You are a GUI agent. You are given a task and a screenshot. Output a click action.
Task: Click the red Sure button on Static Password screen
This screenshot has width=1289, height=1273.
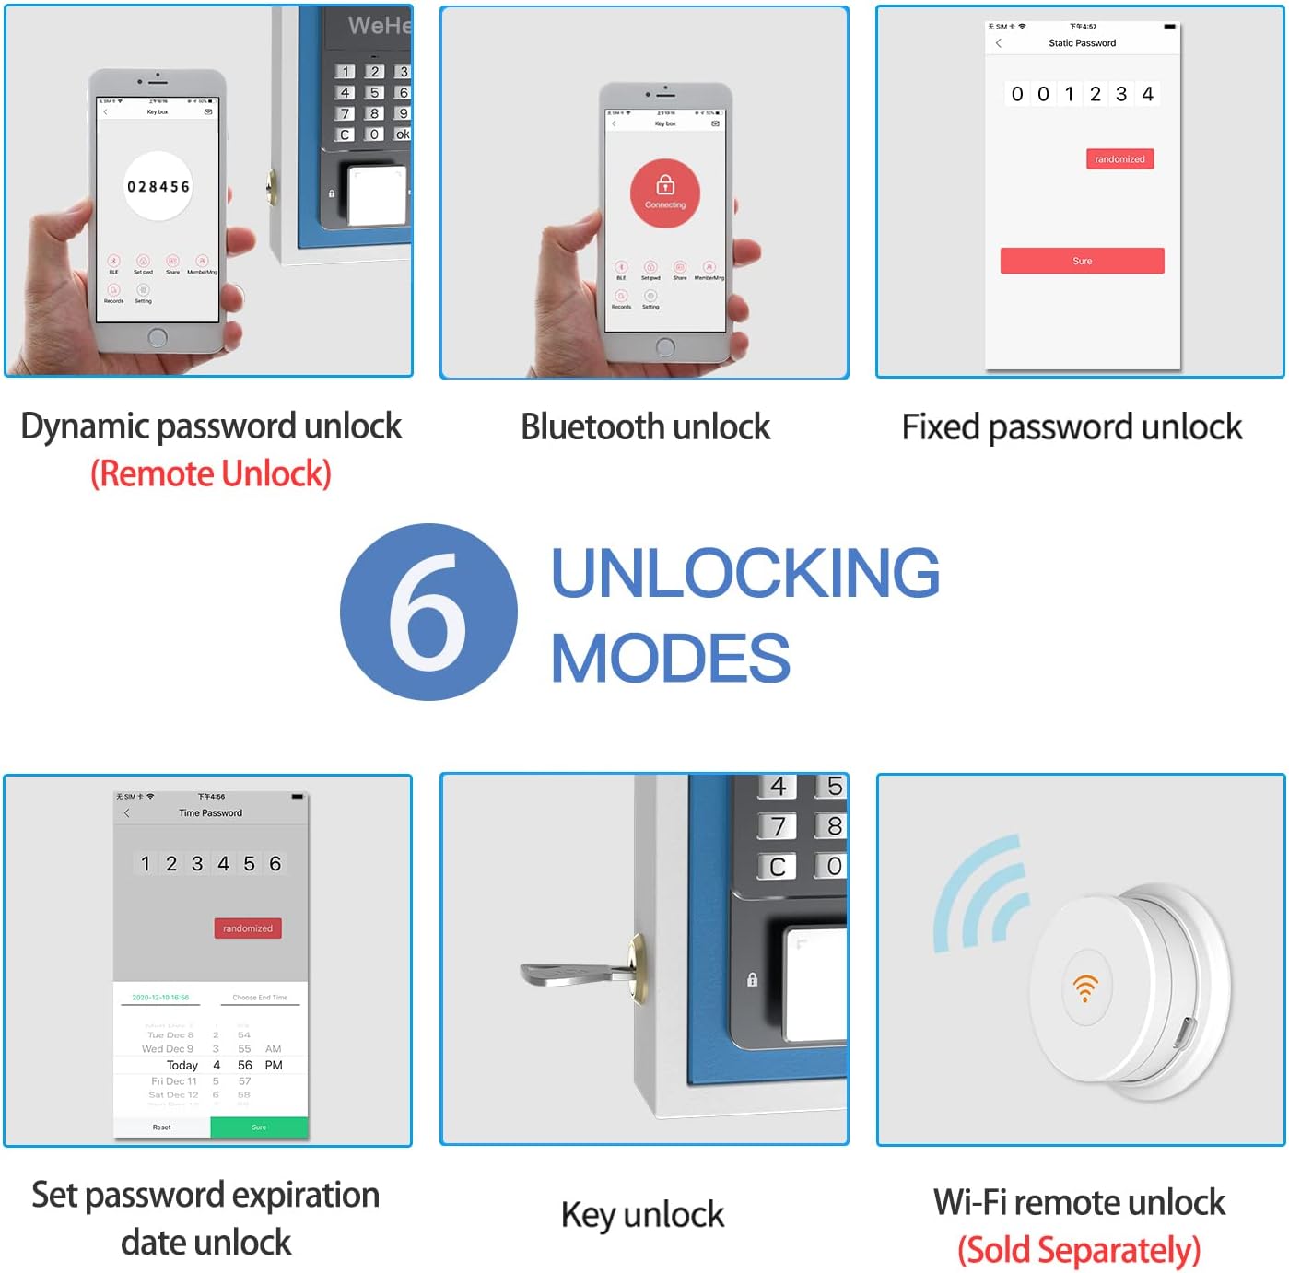1082,261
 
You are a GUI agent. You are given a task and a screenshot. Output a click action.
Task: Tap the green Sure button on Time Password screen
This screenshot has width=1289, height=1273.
259,1127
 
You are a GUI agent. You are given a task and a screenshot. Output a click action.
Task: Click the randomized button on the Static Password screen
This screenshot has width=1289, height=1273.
1119,159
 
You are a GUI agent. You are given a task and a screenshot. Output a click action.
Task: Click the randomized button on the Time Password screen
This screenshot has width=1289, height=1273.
248,928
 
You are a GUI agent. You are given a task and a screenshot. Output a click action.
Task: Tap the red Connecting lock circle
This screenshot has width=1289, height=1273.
665,193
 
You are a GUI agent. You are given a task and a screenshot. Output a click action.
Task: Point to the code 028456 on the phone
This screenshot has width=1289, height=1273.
158,187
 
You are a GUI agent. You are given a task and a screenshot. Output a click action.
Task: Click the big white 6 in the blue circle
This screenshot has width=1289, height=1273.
428,613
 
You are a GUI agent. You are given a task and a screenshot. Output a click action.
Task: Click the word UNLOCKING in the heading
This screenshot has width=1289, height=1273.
744,573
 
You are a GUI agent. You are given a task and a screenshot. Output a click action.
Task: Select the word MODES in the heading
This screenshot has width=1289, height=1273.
670,659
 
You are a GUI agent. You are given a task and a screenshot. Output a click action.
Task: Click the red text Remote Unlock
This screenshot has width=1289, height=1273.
211,473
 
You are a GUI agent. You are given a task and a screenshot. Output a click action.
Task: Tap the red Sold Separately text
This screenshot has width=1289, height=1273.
1079,1250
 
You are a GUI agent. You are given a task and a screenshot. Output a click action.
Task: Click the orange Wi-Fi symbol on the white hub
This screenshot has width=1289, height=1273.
1085,987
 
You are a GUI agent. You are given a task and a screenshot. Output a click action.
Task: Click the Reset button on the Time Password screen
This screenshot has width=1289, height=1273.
162,1127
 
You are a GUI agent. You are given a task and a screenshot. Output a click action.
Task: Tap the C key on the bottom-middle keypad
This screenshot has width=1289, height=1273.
778,867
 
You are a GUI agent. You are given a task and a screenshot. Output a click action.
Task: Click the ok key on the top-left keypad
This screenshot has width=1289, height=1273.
403,134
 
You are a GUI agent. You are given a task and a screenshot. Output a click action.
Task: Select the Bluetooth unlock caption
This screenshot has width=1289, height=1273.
645,427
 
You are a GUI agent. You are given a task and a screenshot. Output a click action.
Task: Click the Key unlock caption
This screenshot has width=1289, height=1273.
642,1215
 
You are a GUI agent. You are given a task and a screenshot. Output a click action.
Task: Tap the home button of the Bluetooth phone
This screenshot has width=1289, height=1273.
665,347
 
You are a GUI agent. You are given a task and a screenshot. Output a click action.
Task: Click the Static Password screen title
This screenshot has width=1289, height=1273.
1082,43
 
